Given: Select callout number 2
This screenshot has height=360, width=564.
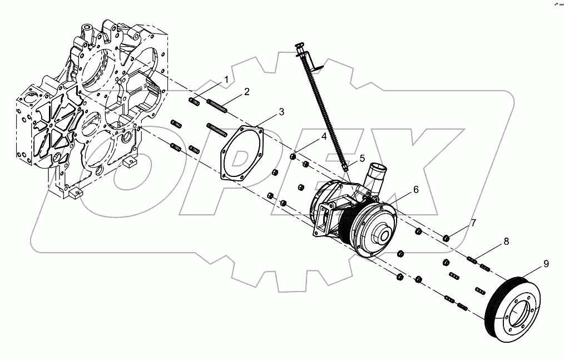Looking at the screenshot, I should tap(246, 91).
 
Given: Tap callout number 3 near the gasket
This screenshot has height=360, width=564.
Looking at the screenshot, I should tap(281, 112).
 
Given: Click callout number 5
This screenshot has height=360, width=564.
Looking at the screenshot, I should tap(362, 158).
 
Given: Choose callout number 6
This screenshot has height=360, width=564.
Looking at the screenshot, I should tap(415, 190).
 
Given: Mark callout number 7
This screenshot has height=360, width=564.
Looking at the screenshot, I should tap(473, 223).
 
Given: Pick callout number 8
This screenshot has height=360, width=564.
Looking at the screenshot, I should tap(506, 241).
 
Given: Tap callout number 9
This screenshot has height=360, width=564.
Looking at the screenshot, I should tap(546, 263).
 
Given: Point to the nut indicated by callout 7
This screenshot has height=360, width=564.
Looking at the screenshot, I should tap(446, 239).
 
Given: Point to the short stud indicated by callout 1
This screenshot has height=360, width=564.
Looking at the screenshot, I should tap(195, 101).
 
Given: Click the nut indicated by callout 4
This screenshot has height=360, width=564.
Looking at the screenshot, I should tap(293, 156).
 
